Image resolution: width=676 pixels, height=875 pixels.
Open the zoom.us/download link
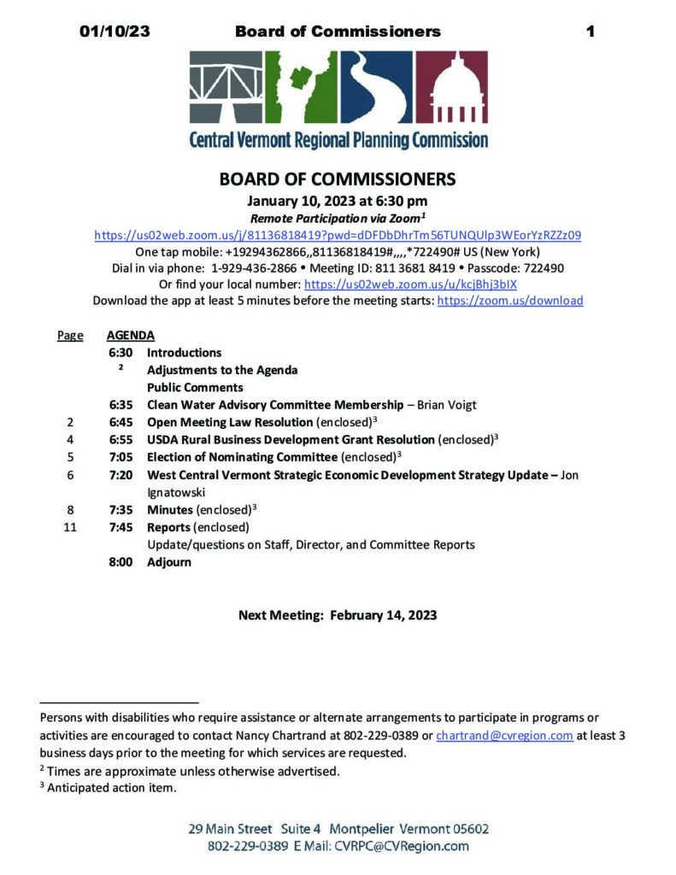[x=510, y=301]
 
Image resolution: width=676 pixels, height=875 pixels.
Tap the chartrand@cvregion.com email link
[x=504, y=736]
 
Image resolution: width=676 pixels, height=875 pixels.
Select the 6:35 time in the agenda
[x=121, y=404]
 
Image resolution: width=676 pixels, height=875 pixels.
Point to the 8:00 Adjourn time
[x=121, y=562]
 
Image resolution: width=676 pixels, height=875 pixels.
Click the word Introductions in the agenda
[x=184, y=352]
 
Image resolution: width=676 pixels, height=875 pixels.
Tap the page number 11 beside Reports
[x=70, y=527]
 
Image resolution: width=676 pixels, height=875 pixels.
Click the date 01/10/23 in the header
[x=115, y=32]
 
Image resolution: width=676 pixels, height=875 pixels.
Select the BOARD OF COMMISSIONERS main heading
[x=338, y=180]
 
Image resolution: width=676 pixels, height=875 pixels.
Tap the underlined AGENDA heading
[x=130, y=336]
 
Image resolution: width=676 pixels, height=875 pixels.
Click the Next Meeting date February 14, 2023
[x=383, y=615]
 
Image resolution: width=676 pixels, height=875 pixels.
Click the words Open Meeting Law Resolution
[x=230, y=422]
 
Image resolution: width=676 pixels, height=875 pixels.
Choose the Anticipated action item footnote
[x=111, y=788]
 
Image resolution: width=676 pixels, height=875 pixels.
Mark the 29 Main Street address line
[x=338, y=830]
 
